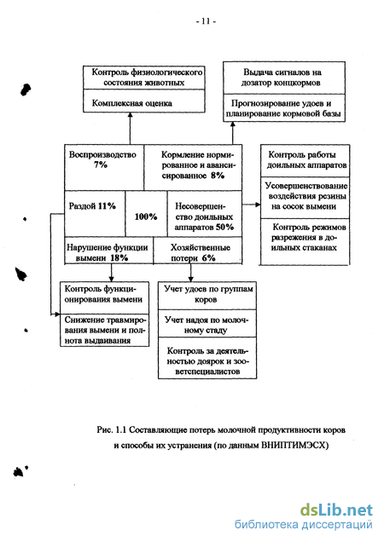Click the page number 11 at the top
[206, 21]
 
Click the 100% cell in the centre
[146, 216]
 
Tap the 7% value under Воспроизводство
[101, 164]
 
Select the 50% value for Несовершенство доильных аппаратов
[225, 227]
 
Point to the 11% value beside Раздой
[107, 206]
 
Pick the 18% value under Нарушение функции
[119, 258]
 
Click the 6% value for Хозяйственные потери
[209, 258]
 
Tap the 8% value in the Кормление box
[218, 176]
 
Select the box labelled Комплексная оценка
[144, 101]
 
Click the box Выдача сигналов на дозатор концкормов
[284, 78]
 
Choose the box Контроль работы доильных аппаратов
[305, 160]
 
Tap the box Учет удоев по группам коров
[207, 296]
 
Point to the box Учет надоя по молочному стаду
[207, 324]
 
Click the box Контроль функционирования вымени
[105, 297]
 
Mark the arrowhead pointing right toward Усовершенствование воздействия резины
[257, 205]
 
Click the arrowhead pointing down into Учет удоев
[190, 279]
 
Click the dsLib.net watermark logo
[336, 510]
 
